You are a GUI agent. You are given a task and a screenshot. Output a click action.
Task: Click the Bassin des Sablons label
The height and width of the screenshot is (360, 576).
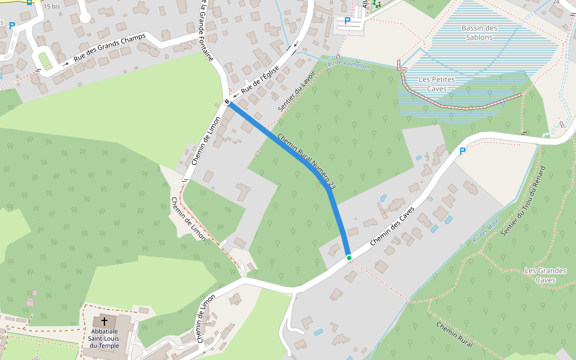479,32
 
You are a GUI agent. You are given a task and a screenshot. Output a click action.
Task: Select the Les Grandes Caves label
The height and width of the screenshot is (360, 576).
545,275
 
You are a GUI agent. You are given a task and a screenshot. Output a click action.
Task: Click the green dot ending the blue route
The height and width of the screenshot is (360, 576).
349,257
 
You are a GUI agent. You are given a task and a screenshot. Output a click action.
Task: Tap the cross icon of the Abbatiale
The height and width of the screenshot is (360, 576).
104,322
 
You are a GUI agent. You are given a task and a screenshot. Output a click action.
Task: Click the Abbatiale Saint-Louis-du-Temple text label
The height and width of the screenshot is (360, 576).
105,338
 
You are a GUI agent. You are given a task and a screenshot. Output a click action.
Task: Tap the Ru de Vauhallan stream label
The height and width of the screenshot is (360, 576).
348,64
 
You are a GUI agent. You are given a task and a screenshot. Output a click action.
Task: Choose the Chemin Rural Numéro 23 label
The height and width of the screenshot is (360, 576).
307,161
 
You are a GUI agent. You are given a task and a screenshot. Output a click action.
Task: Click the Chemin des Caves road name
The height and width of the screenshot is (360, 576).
393,222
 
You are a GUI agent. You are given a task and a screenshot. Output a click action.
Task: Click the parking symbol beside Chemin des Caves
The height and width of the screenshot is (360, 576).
462,151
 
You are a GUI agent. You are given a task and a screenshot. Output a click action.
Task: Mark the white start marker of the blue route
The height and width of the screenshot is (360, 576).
227,101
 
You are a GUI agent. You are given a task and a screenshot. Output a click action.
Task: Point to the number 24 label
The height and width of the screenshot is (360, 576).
556,2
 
